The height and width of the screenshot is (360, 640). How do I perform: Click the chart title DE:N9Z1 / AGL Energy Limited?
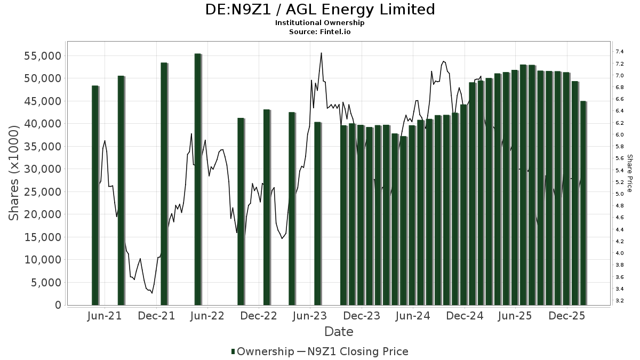click(x=320, y=10)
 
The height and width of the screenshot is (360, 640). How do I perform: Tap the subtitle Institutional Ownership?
click(x=320, y=23)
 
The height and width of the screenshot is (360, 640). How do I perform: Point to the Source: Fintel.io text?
click(x=320, y=31)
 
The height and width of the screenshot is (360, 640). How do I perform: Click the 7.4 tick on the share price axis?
click(x=620, y=52)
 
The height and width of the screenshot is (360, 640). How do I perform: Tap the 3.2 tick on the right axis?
click(x=620, y=301)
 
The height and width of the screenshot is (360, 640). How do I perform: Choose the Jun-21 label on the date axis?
click(x=103, y=316)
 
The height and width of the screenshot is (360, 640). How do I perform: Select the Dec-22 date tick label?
click(x=259, y=316)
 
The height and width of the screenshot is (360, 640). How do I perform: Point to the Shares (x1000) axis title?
click(x=14, y=173)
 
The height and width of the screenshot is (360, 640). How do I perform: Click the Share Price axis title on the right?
click(x=629, y=173)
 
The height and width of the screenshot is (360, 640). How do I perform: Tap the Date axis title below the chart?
click(x=339, y=332)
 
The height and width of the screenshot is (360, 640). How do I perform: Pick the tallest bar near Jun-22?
click(x=198, y=179)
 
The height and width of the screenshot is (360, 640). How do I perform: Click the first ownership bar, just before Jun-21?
click(x=95, y=195)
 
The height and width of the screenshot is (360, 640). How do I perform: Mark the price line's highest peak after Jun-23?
click(x=321, y=53)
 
